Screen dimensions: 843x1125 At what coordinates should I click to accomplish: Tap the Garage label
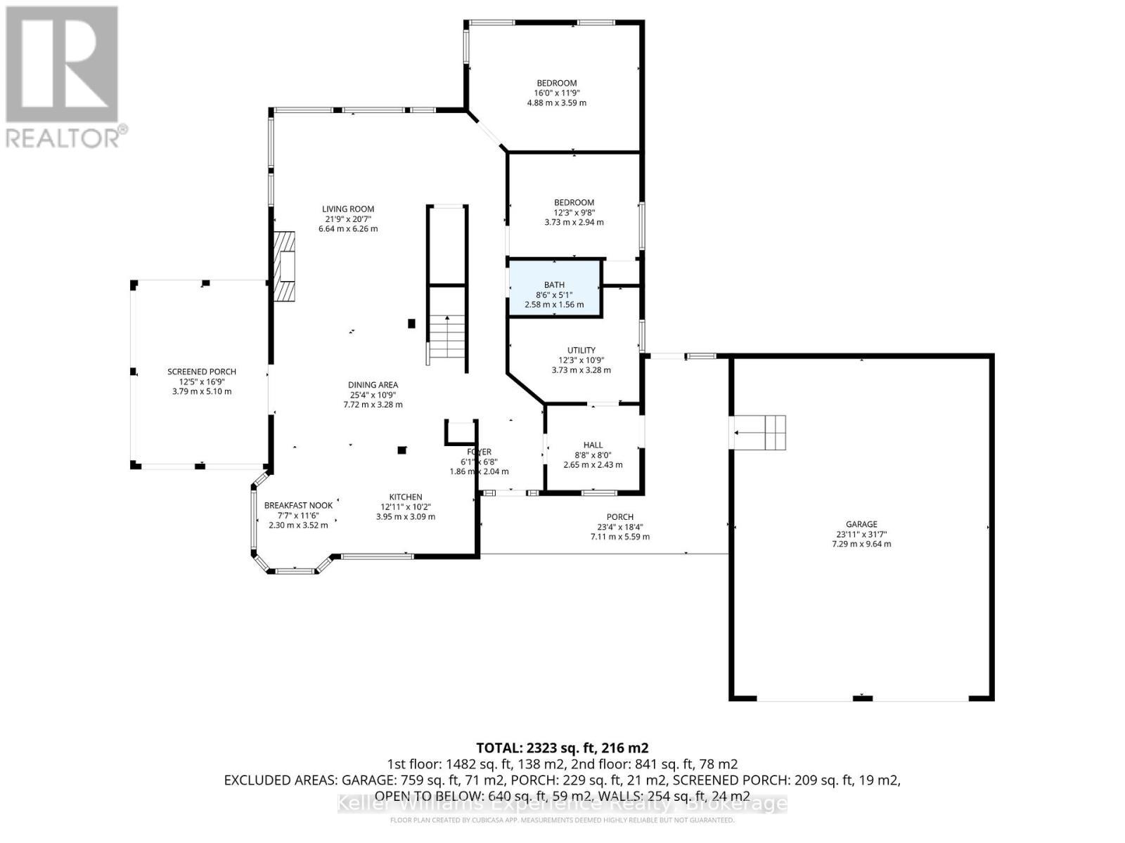point(861,524)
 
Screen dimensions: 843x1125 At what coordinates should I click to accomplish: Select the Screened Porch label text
point(201,372)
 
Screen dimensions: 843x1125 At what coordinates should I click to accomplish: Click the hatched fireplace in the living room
point(285,266)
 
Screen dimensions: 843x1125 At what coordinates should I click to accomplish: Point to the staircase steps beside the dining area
point(448,338)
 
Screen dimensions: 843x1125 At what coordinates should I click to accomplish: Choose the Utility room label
point(581,350)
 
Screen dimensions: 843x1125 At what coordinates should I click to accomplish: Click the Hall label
point(593,445)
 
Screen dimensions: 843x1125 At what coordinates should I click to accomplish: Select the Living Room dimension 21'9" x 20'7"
point(348,218)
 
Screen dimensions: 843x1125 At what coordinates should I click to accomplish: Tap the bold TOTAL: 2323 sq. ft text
point(562,747)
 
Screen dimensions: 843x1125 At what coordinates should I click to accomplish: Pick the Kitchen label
point(406,497)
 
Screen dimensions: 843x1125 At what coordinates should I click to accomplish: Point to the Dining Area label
point(373,384)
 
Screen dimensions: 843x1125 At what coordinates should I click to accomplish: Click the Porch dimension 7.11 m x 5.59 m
point(619,537)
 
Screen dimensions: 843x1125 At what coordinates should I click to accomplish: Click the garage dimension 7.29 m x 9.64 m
point(861,544)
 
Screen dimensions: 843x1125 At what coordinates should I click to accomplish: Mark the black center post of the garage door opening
point(862,698)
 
